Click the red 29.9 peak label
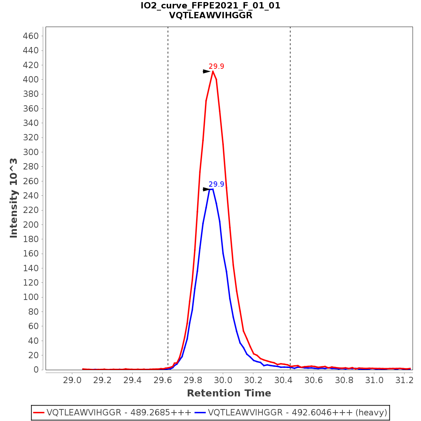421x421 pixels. [x=216, y=66]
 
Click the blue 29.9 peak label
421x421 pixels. [x=216, y=184]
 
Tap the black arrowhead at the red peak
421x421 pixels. [x=207, y=72]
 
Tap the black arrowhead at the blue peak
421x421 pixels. [x=207, y=189]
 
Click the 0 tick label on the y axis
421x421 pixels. [x=36, y=370]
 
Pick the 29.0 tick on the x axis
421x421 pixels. [x=72, y=380]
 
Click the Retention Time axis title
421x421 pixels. [x=229, y=393]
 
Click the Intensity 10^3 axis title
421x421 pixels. [x=14, y=198]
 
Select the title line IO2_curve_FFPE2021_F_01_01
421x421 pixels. [x=210, y=6]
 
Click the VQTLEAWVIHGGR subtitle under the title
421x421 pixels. [x=210, y=15]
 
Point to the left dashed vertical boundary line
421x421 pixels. [x=168, y=175]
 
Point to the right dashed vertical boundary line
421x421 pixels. [x=290, y=175]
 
